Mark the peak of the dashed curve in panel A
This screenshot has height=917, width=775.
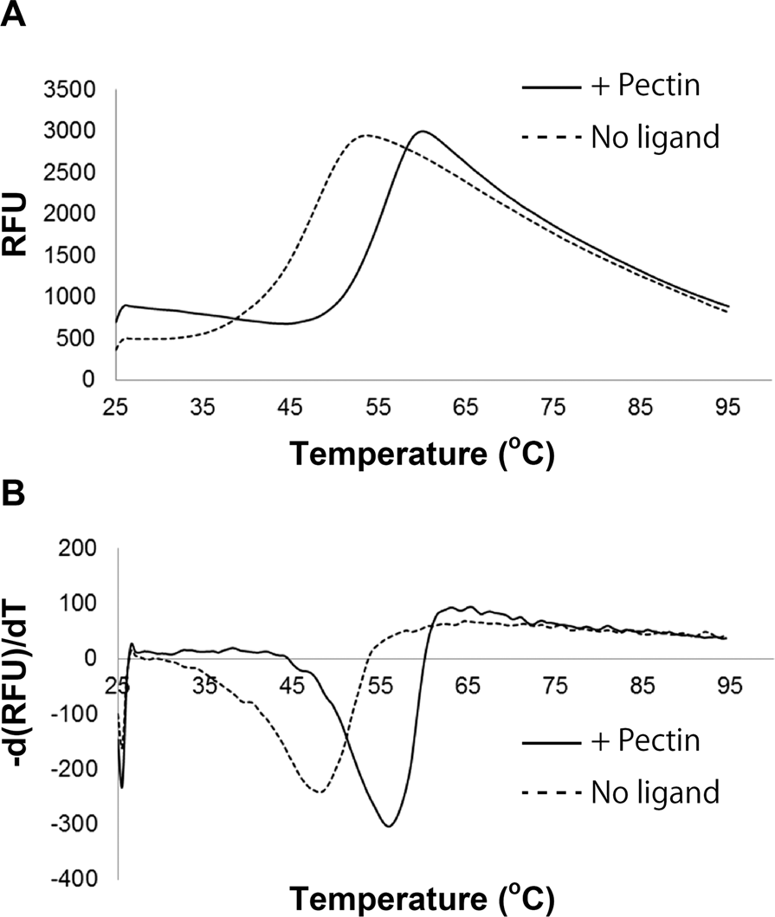[366, 135]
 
